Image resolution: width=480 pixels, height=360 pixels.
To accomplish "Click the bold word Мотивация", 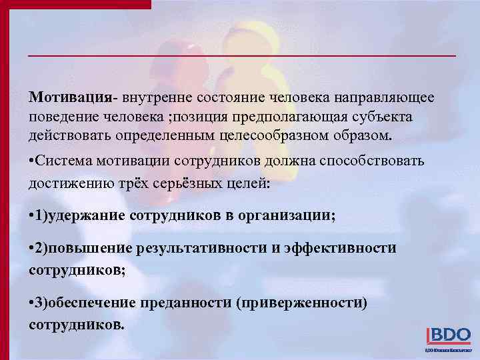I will click(x=70, y=97).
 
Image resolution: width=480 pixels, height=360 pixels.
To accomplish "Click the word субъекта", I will click(x=383, y=117).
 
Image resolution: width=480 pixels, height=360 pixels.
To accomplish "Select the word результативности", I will click(x=201, y=249).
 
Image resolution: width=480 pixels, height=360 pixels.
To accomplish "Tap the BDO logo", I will click(x=447, y=335).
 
